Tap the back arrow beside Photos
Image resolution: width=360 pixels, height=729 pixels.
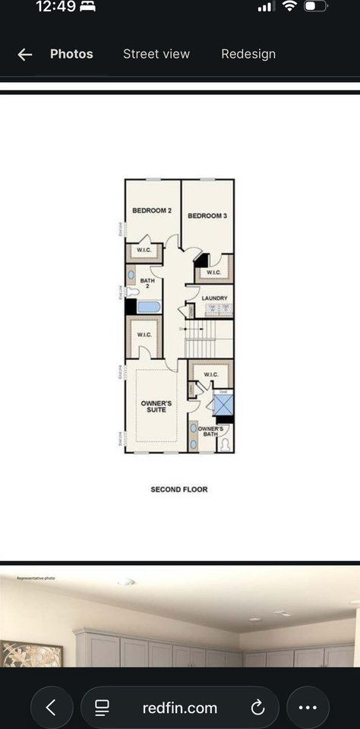pos(25,54)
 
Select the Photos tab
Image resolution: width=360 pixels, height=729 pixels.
pos(71,54)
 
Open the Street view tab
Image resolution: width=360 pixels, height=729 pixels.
pos(156,54)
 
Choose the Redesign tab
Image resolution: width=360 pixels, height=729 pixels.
pos(248,54)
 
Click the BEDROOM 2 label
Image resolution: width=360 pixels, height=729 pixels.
pos(152,210)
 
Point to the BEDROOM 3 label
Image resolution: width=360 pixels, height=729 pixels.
pos(207,216)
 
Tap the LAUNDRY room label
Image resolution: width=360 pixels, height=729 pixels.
pos(214,298)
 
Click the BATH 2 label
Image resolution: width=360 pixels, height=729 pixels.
pos(147,284)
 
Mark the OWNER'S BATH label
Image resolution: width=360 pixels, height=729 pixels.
pos(210,433)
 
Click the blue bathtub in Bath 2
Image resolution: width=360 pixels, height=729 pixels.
pos(149,307)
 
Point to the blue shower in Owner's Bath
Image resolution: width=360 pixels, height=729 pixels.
pos(223,404)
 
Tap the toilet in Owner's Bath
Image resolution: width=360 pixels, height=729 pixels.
pos(225,444)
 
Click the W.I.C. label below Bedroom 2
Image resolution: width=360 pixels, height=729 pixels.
pos(144,251)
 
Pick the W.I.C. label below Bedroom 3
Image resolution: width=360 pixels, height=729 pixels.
pos(213,272)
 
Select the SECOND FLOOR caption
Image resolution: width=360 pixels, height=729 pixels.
pos(179,490)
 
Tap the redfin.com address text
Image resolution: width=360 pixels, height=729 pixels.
pos(180,708)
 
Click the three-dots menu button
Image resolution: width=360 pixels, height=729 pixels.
pos(308,708)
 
